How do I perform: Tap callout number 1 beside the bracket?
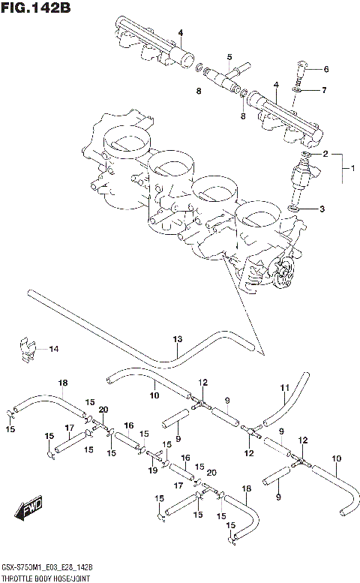pos(351,170)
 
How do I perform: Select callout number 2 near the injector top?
pos(325,154)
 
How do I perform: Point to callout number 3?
pos(322,209)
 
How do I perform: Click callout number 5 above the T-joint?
pos(229,57)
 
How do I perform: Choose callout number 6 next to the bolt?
pos(325,70)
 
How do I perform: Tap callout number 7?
pos(325,91)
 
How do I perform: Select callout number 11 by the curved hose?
pos(285,387)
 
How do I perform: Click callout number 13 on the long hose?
pos(178,339)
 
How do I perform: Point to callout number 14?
pos(53,348)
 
